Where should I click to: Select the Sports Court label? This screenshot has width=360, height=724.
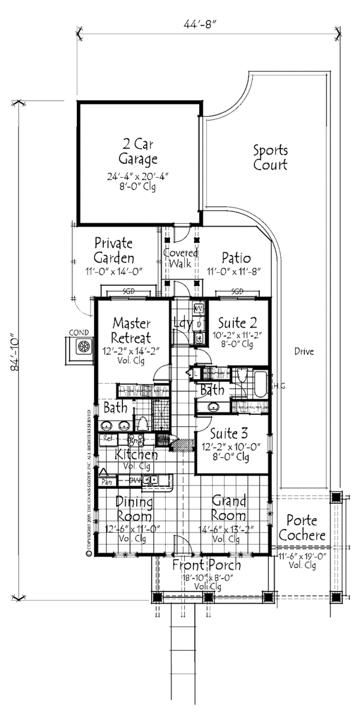(269, 157)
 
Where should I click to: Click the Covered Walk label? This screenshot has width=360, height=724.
(182, 258)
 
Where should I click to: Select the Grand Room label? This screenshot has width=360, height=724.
(228, 508)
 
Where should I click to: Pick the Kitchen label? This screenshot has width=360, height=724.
(137, 454)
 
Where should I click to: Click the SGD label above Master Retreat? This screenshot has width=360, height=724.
(128, 291)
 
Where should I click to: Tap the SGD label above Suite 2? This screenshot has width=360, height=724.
(238, 291)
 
